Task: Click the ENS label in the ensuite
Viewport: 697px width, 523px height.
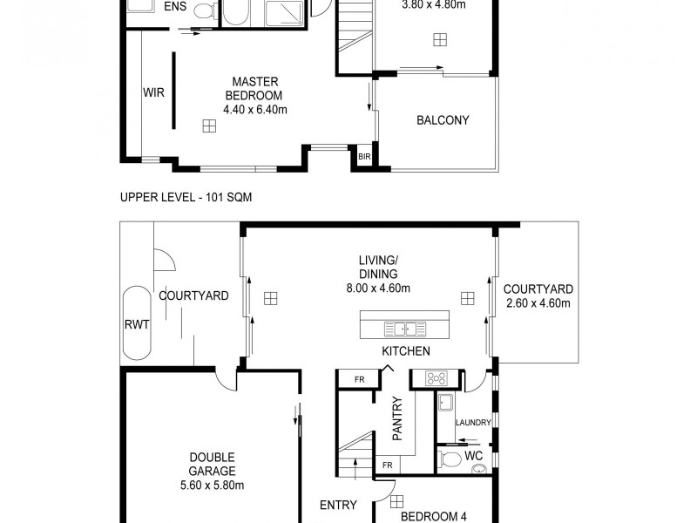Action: [175, 8]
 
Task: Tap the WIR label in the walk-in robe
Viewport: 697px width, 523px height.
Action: [154, 92]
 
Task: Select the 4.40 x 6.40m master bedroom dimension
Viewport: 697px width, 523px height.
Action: [255, 109]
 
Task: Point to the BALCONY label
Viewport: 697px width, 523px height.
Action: [443, 120]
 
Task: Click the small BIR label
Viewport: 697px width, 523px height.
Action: [364, 156]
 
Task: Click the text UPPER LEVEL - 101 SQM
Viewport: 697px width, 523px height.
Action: [186, 198]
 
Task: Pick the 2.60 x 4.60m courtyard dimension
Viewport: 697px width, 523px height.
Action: [538, 303]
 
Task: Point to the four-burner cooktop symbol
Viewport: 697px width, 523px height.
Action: [435, 378]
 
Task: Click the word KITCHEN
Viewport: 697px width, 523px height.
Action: [406, 351]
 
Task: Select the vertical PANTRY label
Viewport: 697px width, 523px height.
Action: [397, 419]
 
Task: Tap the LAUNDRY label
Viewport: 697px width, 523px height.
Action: [474, 423]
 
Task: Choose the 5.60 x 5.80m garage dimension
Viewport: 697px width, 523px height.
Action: [211, 472]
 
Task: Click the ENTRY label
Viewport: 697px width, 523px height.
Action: [338, 506]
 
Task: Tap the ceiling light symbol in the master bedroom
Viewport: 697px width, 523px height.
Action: [208, 126]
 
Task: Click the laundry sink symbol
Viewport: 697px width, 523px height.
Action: [445, 403]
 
